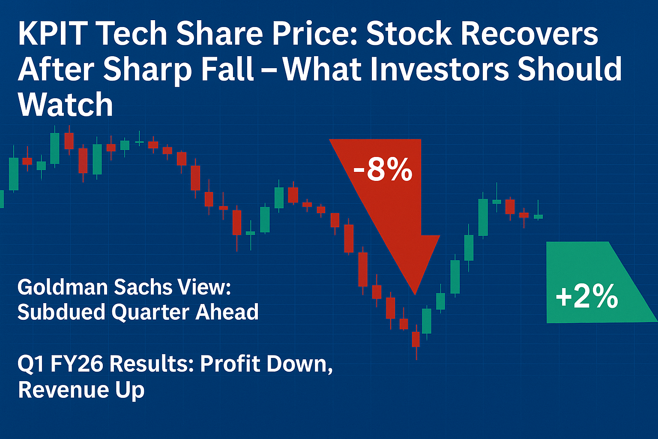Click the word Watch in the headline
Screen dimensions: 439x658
pos(66,105)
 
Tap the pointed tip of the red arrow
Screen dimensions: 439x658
pos(415,293)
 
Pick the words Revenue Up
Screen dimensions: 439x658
pos(81,390)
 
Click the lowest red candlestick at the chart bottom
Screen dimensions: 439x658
pos(416,339)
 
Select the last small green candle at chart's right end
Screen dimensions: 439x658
pos(538,216)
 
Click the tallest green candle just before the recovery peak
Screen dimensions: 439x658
pos(483,217)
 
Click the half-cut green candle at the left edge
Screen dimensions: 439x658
pos(1,199)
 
